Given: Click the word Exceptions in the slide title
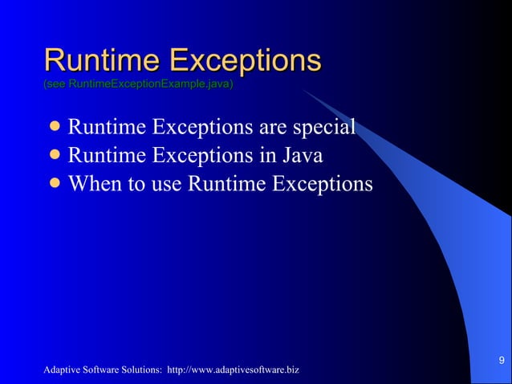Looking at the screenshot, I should (x=246, y=61).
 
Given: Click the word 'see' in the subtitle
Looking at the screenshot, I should (x=56, y=84).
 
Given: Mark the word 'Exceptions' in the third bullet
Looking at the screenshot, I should (x=323, y=184).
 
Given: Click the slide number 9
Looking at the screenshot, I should (x=502, y=359).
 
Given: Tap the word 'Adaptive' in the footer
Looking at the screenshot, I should (x=63, y=370).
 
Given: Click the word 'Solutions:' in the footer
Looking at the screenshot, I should (x=144, y=370).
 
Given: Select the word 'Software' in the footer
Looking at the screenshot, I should (x=102, y=370).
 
